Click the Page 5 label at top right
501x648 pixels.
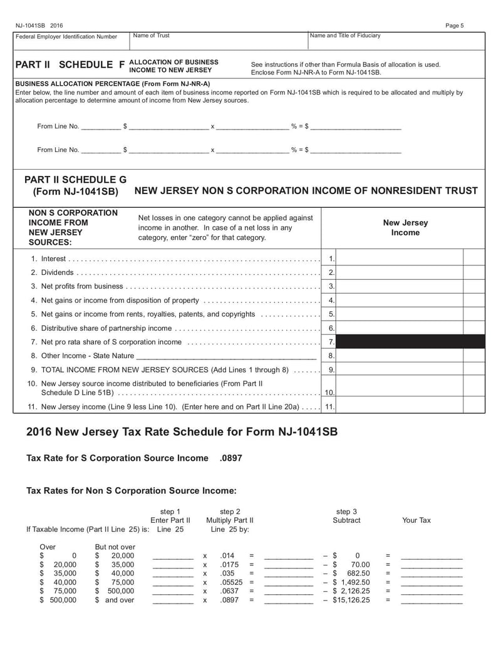coord(455,26)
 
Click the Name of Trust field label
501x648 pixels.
coord(151,36)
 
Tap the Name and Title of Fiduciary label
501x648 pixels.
coord(346,36)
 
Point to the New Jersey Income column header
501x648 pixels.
coord(405,227)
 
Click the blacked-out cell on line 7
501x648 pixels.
coord(410,341)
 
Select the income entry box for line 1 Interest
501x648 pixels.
coord(400,259)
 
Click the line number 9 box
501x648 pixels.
coord(331,369)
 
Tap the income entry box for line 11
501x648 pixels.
coord(400,406)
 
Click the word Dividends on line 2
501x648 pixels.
coord(57,272)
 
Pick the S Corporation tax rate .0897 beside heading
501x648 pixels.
coord(231,458)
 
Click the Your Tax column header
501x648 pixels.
coord(416,520)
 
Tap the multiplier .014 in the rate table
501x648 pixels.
coord(227,555)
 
